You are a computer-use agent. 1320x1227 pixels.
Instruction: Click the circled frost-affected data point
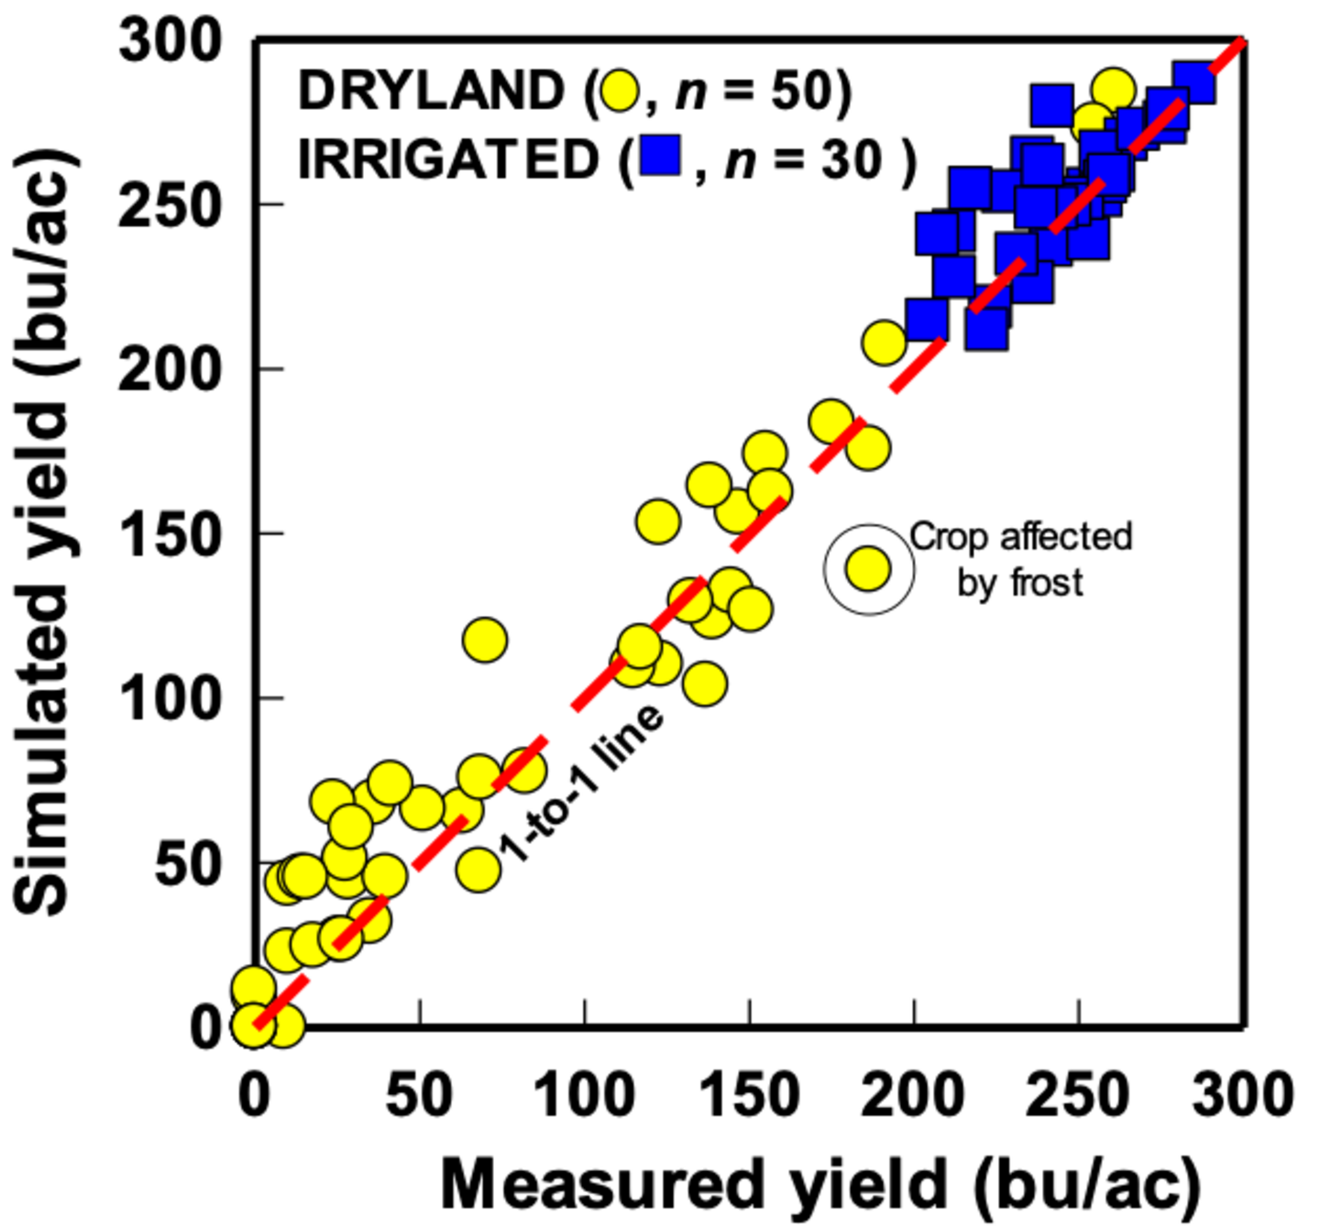click(868, 569)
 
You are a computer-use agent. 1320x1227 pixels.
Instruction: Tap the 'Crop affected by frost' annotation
click(1020, 559)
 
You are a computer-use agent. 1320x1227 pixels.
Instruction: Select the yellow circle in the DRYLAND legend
click(621, 91)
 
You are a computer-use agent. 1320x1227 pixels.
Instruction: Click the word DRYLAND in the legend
click(431, 91)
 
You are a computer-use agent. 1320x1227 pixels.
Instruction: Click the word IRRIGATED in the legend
click(448, 160)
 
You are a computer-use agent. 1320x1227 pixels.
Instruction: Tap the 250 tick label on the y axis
click(171, 206)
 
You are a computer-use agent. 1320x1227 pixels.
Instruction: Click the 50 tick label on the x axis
click(419, 1095)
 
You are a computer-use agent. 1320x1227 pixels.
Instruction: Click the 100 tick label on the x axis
click(584, 1095)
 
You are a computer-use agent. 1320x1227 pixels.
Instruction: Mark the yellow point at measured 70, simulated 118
click(485, 640)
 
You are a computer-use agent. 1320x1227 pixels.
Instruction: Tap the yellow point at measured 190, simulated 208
click(884, 343)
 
